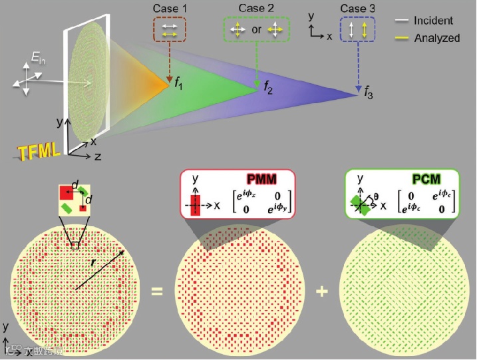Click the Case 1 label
pyautogui.click(x=170, y=10)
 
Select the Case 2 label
pyautogui.click(x=255, y=10)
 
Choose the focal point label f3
pyautogui.click(x=368, y=96)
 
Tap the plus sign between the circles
pyautogui.click(x=323, y=291)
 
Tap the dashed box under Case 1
pyautogui.click(x=170, y=29)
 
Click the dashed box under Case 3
pyautogui.click(x=357, y=30)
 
